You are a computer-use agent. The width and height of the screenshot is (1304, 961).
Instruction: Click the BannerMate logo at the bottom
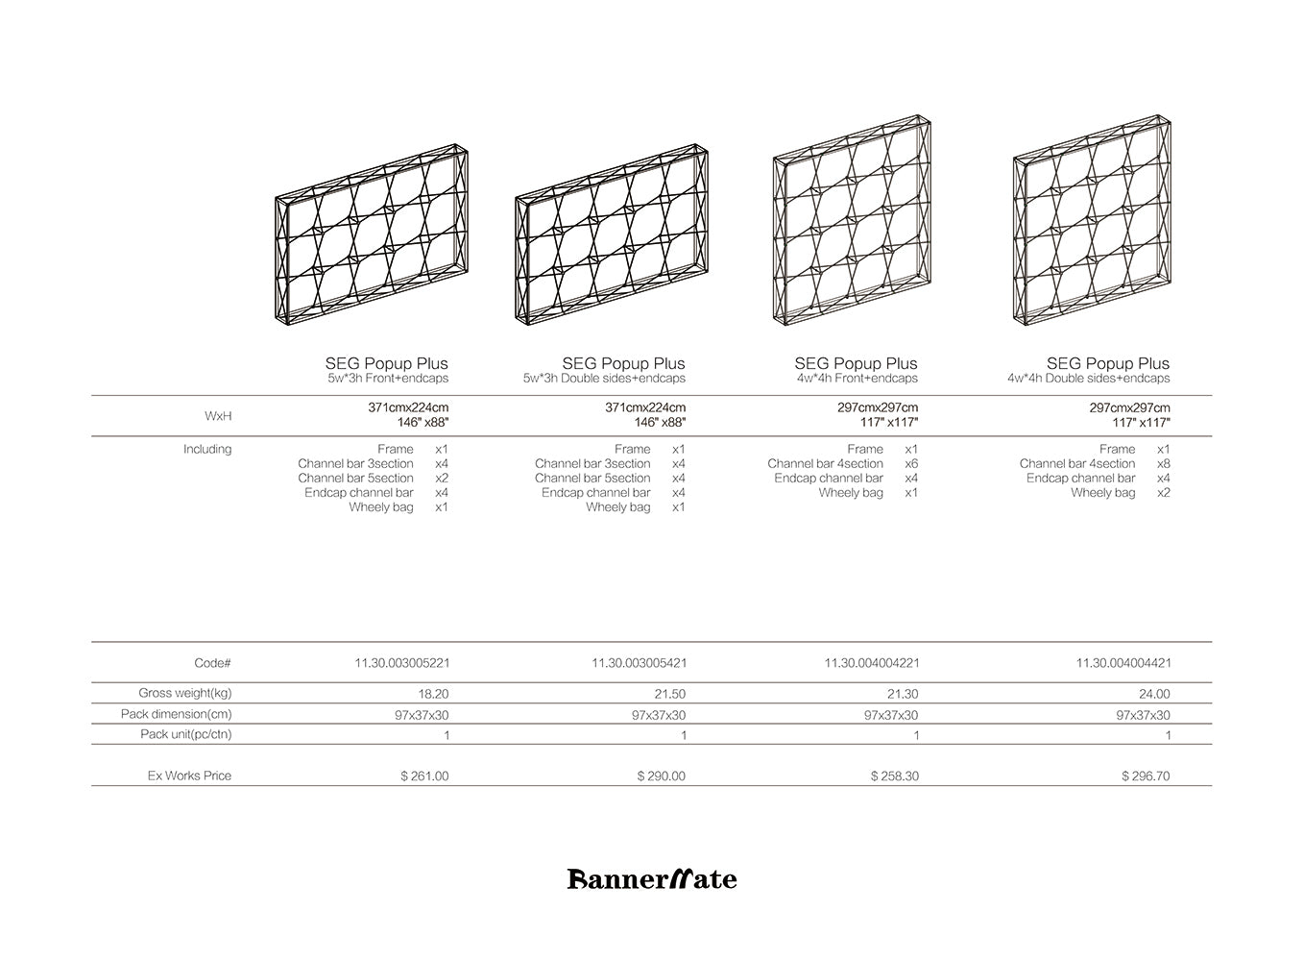coord(652,878)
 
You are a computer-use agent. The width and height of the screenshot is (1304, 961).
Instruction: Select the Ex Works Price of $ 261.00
coord(424,776)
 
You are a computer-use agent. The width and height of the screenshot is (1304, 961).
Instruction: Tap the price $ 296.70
coord(1146,776)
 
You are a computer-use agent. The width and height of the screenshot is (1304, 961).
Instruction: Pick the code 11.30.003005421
coord(640,663)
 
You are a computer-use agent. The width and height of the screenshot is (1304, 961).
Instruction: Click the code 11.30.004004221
coord(872,663)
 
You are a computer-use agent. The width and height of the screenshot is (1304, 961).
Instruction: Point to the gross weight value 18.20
coord(434,694)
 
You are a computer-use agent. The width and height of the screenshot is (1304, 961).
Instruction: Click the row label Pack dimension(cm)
coord(177,714)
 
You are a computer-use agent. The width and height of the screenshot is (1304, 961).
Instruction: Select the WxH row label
coord(218,416)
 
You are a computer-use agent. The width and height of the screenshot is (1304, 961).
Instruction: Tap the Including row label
coord(207,449)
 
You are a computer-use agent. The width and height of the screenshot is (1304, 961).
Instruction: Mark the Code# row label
coord(212,663)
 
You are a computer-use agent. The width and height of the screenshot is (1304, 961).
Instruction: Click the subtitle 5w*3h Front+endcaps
coord(388,379)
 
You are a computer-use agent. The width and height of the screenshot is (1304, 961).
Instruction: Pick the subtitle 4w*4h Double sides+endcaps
coord(1089,379)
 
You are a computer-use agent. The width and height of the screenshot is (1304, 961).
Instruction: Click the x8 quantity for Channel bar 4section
coord(1164,463)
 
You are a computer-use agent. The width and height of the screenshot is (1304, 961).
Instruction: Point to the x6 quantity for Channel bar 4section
coord(911,463)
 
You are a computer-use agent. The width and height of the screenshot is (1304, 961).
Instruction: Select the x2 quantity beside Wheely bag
coord(1164,492)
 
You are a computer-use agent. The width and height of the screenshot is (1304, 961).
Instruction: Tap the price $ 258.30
coord(895,776)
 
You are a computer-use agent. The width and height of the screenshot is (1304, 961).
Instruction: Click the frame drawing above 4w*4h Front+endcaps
coord(852,221)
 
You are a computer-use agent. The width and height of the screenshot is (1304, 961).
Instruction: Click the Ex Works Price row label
coord(189,776)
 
